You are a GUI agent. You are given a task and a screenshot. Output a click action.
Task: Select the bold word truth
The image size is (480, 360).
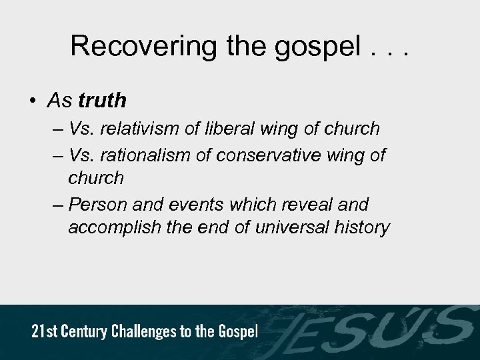[102, 101]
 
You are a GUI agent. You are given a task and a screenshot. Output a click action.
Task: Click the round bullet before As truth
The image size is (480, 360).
[33, 101]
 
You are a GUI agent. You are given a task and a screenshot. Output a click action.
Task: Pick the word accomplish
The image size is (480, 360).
[111, 228]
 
